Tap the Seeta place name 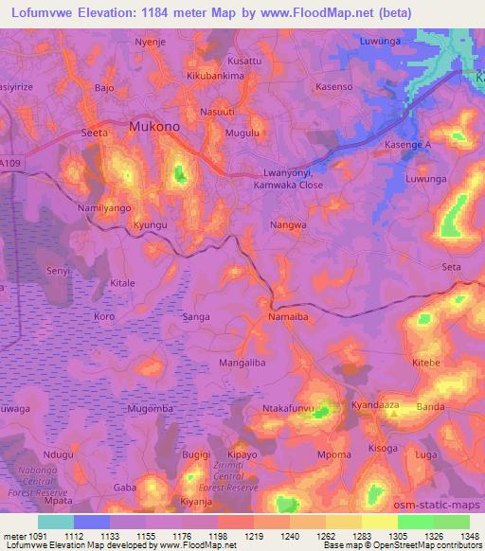[x=96, y=133]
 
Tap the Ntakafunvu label [x=288, y=409]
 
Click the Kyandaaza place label [x=377, y=404]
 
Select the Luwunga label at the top [x=383, y=43]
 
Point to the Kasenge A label [x=407, y=145]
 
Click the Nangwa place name [x=288, y=226]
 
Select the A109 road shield [x=9, y=164]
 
